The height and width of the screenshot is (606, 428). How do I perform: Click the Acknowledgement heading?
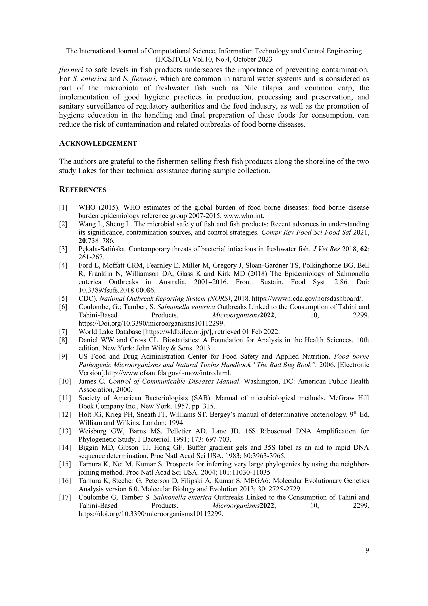click(98, 143)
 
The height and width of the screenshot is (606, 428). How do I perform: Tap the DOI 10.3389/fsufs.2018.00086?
click(117, 290)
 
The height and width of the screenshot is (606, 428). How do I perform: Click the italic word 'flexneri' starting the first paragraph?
click(71, 70)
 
